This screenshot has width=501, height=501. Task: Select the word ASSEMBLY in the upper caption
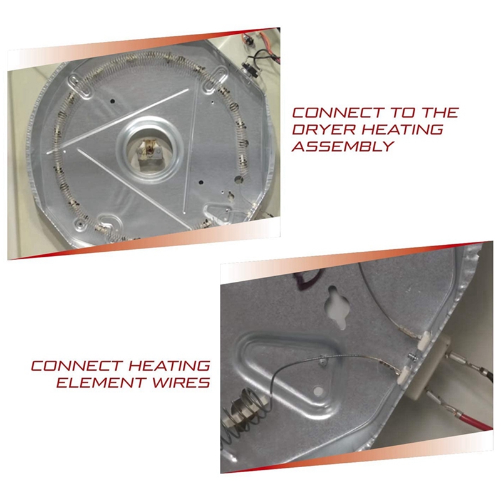pos(343,147)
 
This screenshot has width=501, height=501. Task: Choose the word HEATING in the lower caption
pos(169,366)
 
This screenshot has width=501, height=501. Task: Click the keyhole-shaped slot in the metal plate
pos(336,306)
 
